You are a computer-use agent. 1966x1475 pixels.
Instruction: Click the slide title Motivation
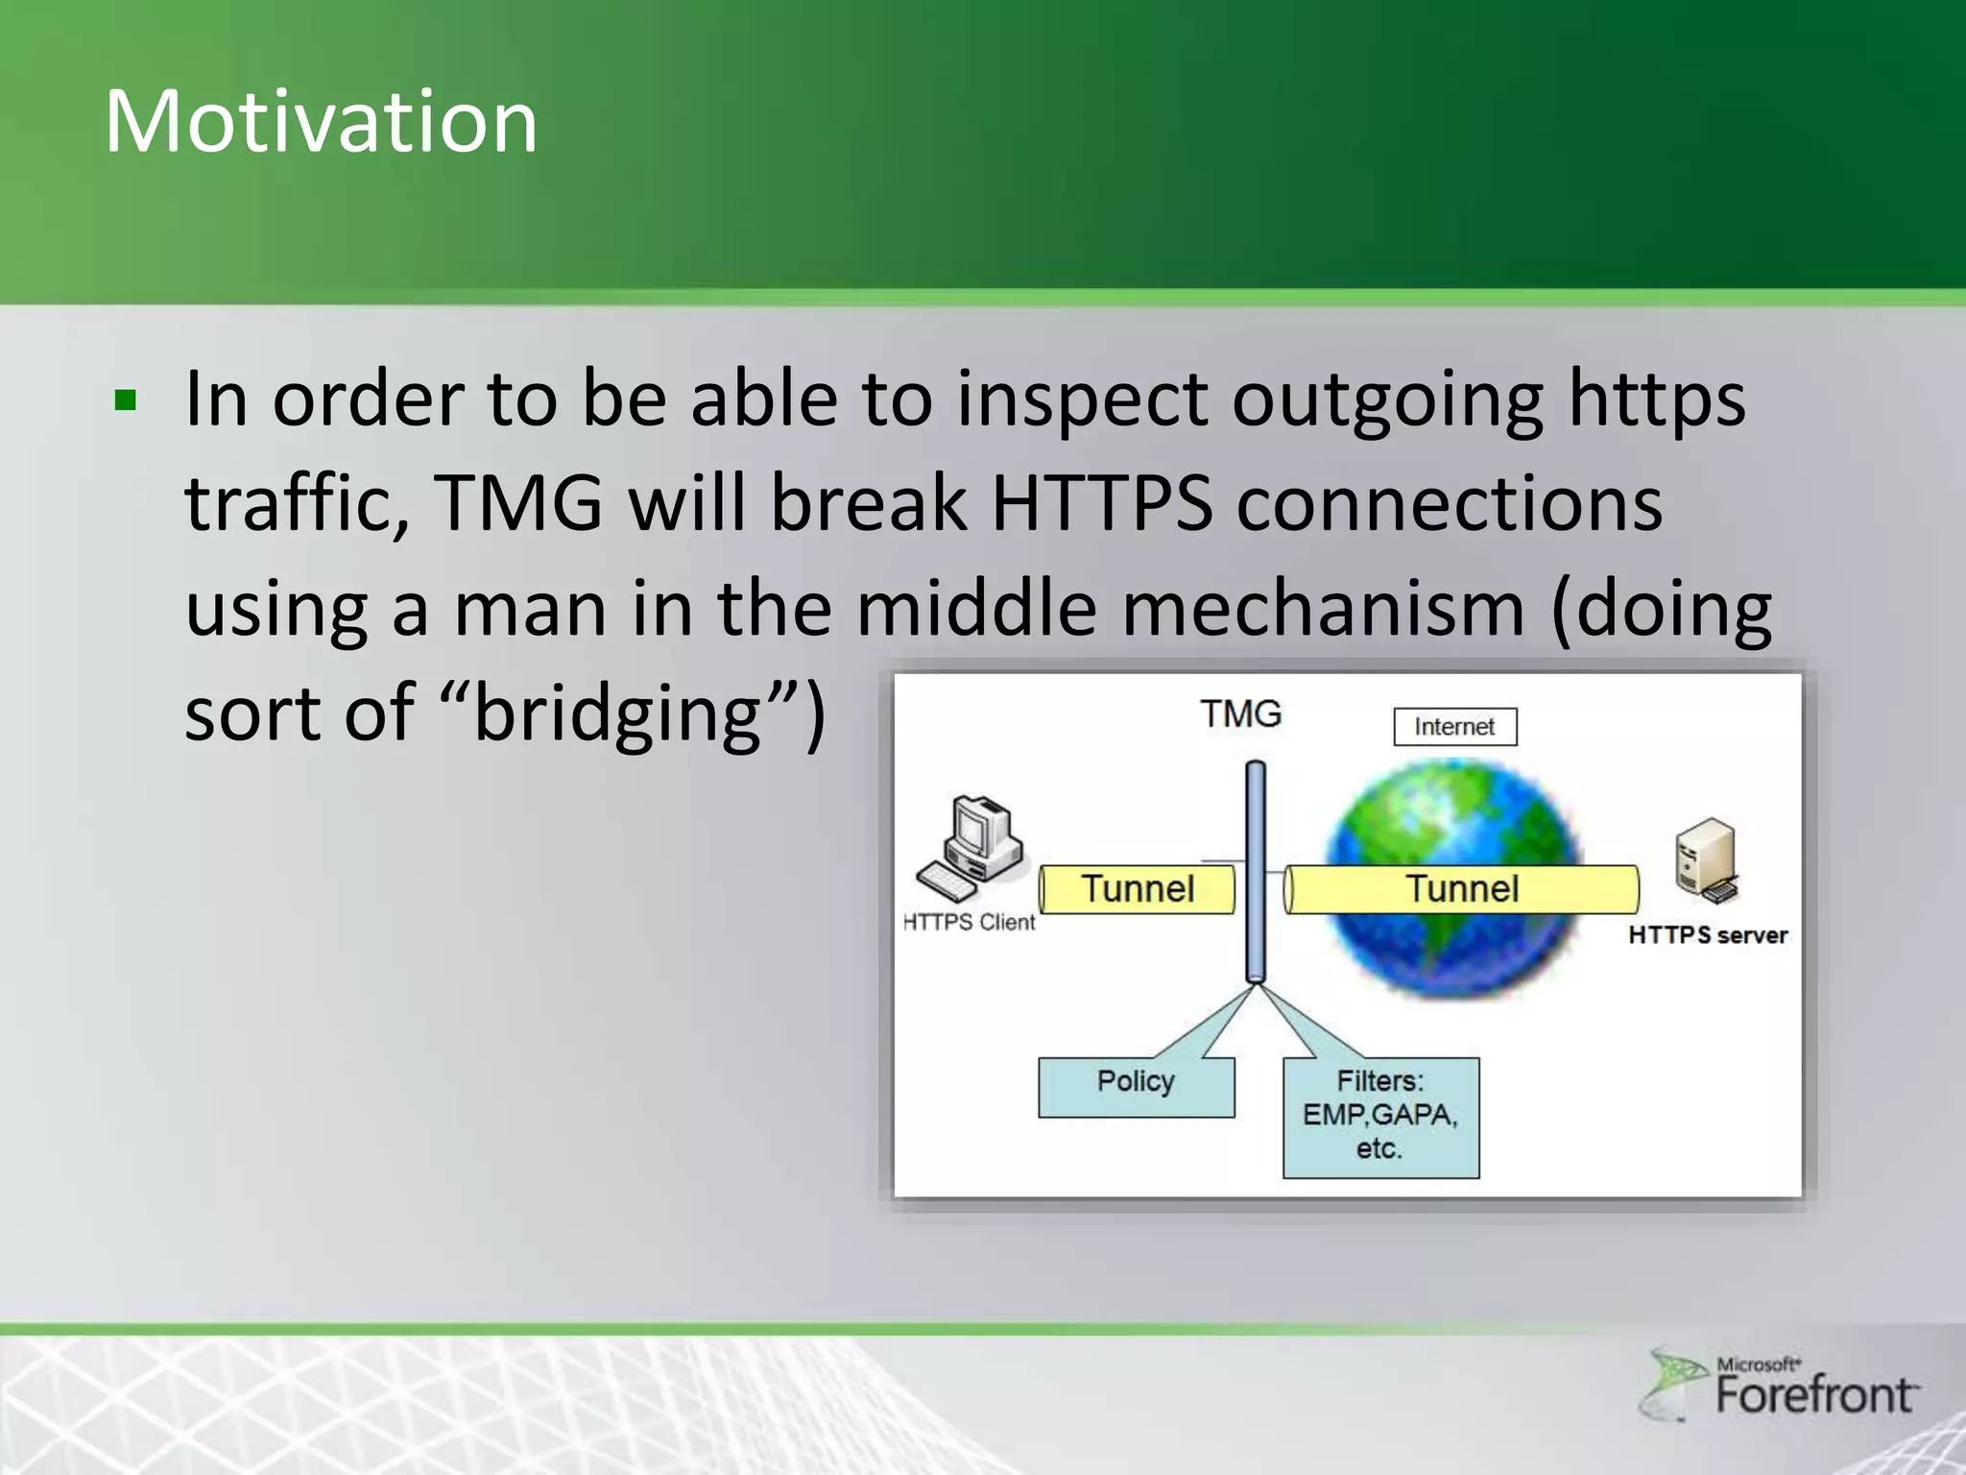click(321, 121)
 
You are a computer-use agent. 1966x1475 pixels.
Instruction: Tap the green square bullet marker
click(125, 399)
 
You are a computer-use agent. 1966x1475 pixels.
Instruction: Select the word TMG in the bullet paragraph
click(518, 503)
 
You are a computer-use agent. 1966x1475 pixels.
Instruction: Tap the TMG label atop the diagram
click(1240, 713)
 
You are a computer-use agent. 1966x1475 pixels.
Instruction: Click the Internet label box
click(1454, 727)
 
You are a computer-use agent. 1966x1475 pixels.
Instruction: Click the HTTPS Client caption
click(970, 922)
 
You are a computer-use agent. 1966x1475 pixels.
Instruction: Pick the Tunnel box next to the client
click(1138, 889)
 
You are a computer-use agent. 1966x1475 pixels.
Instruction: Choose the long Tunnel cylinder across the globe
click(1461, 889)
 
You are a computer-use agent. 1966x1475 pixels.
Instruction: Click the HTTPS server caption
click(1708, 935)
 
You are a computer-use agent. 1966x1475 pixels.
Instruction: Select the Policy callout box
click(1136, 1086)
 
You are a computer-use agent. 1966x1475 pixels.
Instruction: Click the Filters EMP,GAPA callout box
click(1380, 1117)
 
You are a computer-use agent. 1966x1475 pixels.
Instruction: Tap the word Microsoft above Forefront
click(1758, 1365)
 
